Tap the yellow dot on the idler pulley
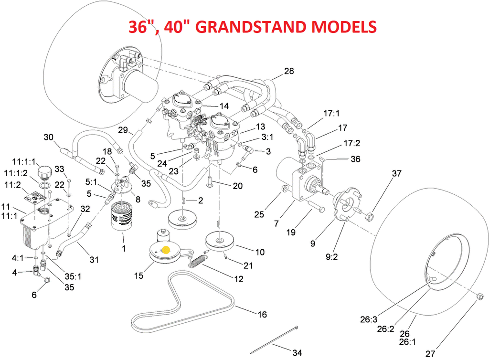click(x=166, y=249)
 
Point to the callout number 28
click(x=289, y=71)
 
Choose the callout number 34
click(x=297, y=353)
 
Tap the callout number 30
click(x=48, y=137)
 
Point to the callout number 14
click(x=224, y=106)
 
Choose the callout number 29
click(x=123, y=130)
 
